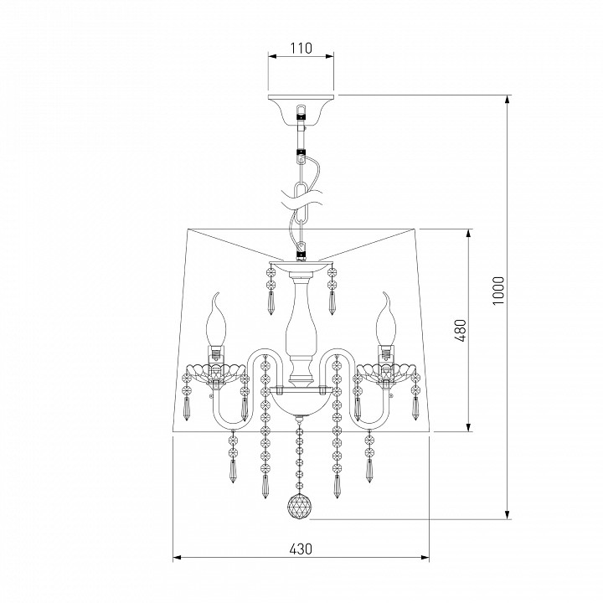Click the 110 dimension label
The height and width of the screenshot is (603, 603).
click(301, 49)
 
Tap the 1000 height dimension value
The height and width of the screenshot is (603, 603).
click(498, 291)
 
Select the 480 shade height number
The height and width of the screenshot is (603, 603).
click(461, 330)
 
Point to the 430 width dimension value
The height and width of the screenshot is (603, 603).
click(301, 549)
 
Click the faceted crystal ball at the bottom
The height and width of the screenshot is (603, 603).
click(300, 506)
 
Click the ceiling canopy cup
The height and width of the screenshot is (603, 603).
click(301, 111)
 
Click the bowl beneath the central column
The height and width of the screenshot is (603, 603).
click(301, 401)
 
